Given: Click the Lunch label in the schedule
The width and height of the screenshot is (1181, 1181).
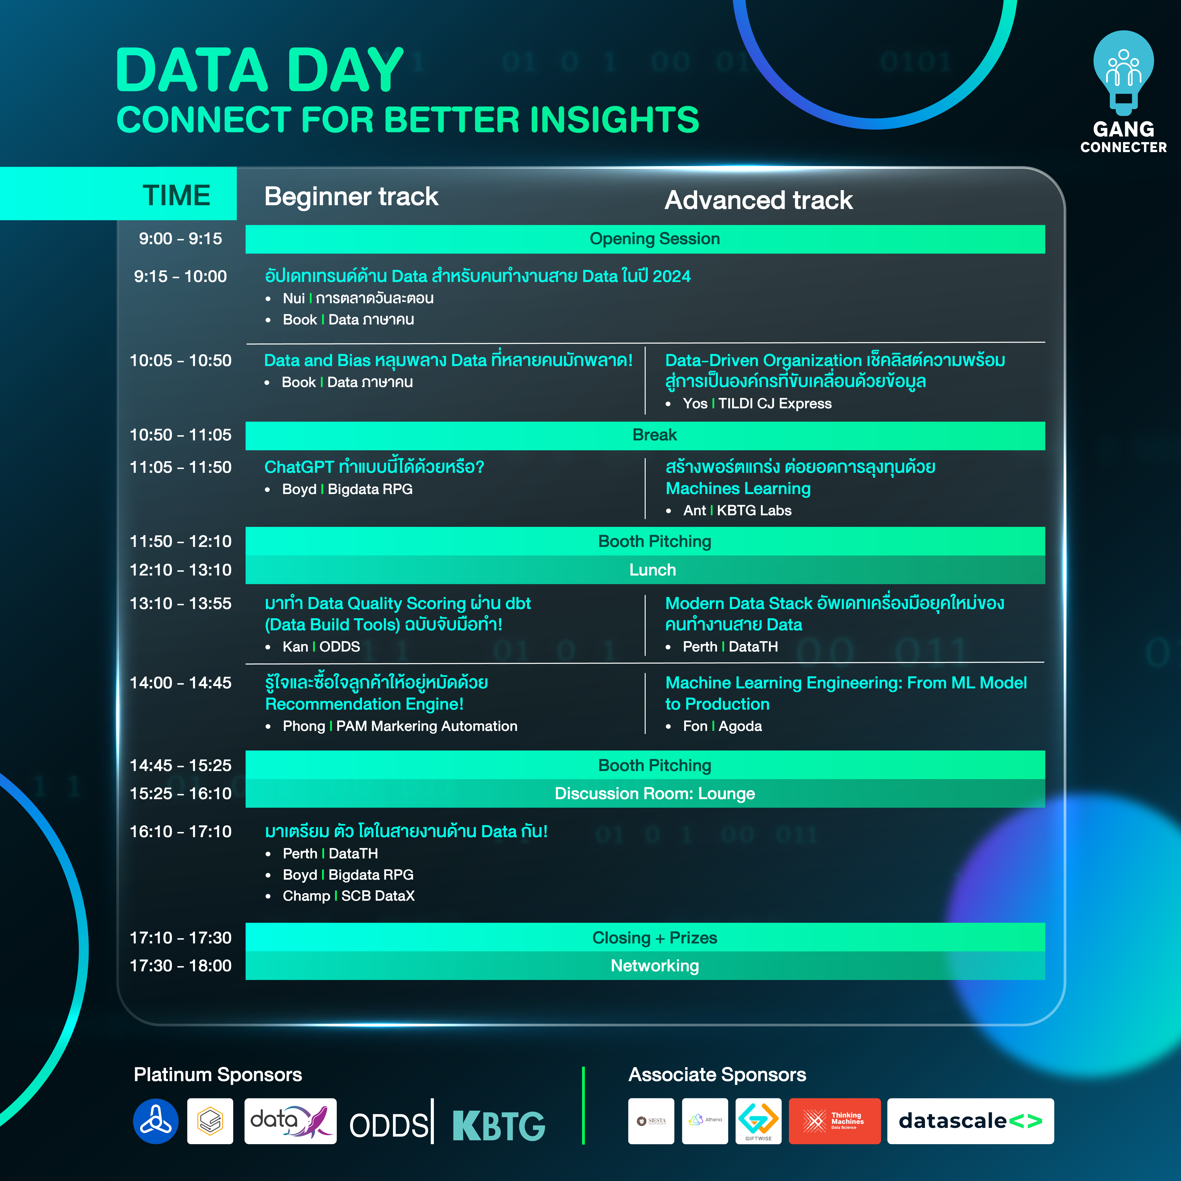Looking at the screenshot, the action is pos(653,570).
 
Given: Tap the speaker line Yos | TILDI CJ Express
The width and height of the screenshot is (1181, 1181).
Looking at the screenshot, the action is pos(757,403).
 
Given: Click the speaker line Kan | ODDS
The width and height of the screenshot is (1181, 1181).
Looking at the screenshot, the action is pos(321,647).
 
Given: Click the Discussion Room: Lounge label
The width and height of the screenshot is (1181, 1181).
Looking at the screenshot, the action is pos(655,793).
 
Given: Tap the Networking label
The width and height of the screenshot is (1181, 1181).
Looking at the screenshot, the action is pos(655,966).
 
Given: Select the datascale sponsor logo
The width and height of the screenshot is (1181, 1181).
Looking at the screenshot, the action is pos(970,1121).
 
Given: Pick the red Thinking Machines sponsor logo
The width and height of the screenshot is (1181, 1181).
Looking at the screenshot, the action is pos(834,1121).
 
